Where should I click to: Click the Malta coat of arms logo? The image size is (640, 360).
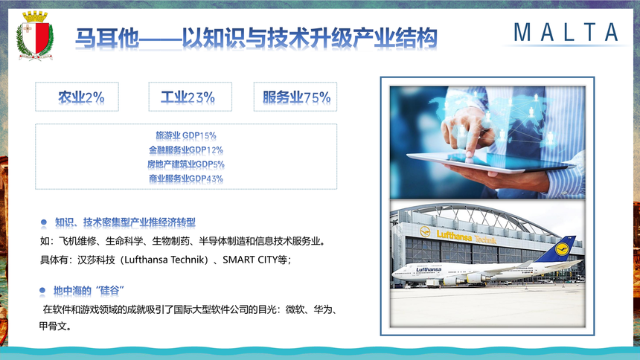(35, 36)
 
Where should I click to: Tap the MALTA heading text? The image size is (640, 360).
(566, 32)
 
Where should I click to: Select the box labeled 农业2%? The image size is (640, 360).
(77, 97)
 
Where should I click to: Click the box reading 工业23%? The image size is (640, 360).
(191, 97)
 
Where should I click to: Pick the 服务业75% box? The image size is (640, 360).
(295, 97)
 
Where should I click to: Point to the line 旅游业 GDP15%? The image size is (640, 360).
(186, 135)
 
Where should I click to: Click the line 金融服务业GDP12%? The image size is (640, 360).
(186, 150)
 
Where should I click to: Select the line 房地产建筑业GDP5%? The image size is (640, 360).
(186, 164)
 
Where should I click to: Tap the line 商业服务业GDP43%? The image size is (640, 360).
(186, 179)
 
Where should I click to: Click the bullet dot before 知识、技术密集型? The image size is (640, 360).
(44, 222)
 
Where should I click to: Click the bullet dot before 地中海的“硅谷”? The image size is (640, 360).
(42, 291)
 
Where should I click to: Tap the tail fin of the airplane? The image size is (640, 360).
(557, 248)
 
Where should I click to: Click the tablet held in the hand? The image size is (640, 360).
(490, 161)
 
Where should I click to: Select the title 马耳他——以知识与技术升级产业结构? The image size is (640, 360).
(256, 39)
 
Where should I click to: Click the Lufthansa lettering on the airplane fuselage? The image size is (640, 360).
(429, 269)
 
